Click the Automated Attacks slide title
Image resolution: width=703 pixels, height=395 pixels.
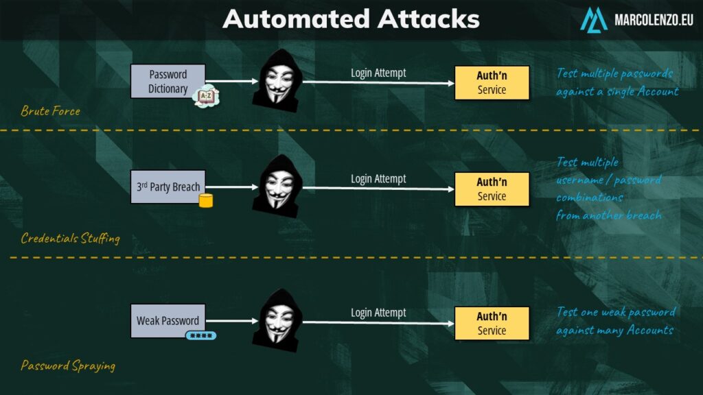[351, 19]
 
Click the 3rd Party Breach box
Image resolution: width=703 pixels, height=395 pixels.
[168, 187]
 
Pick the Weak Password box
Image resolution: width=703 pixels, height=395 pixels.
[168, 321]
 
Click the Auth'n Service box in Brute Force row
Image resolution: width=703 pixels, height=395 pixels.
[492, 83]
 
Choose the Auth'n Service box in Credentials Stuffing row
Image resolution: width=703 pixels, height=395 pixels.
[492, 189]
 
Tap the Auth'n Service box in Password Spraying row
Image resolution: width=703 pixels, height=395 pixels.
[492, 324]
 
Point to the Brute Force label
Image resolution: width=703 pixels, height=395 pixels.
[50, 111]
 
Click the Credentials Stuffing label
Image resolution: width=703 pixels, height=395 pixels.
[70, 239]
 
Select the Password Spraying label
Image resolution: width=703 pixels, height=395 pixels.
[68, 366]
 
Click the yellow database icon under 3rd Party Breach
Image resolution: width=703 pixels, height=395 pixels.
[205, 200]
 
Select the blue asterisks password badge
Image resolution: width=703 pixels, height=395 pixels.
[200, 336]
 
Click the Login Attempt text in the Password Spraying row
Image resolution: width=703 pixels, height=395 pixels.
[378, 313]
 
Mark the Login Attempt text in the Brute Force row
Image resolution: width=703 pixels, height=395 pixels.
[378, 73]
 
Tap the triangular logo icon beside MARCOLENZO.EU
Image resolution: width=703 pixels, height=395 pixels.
[593, 19]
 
